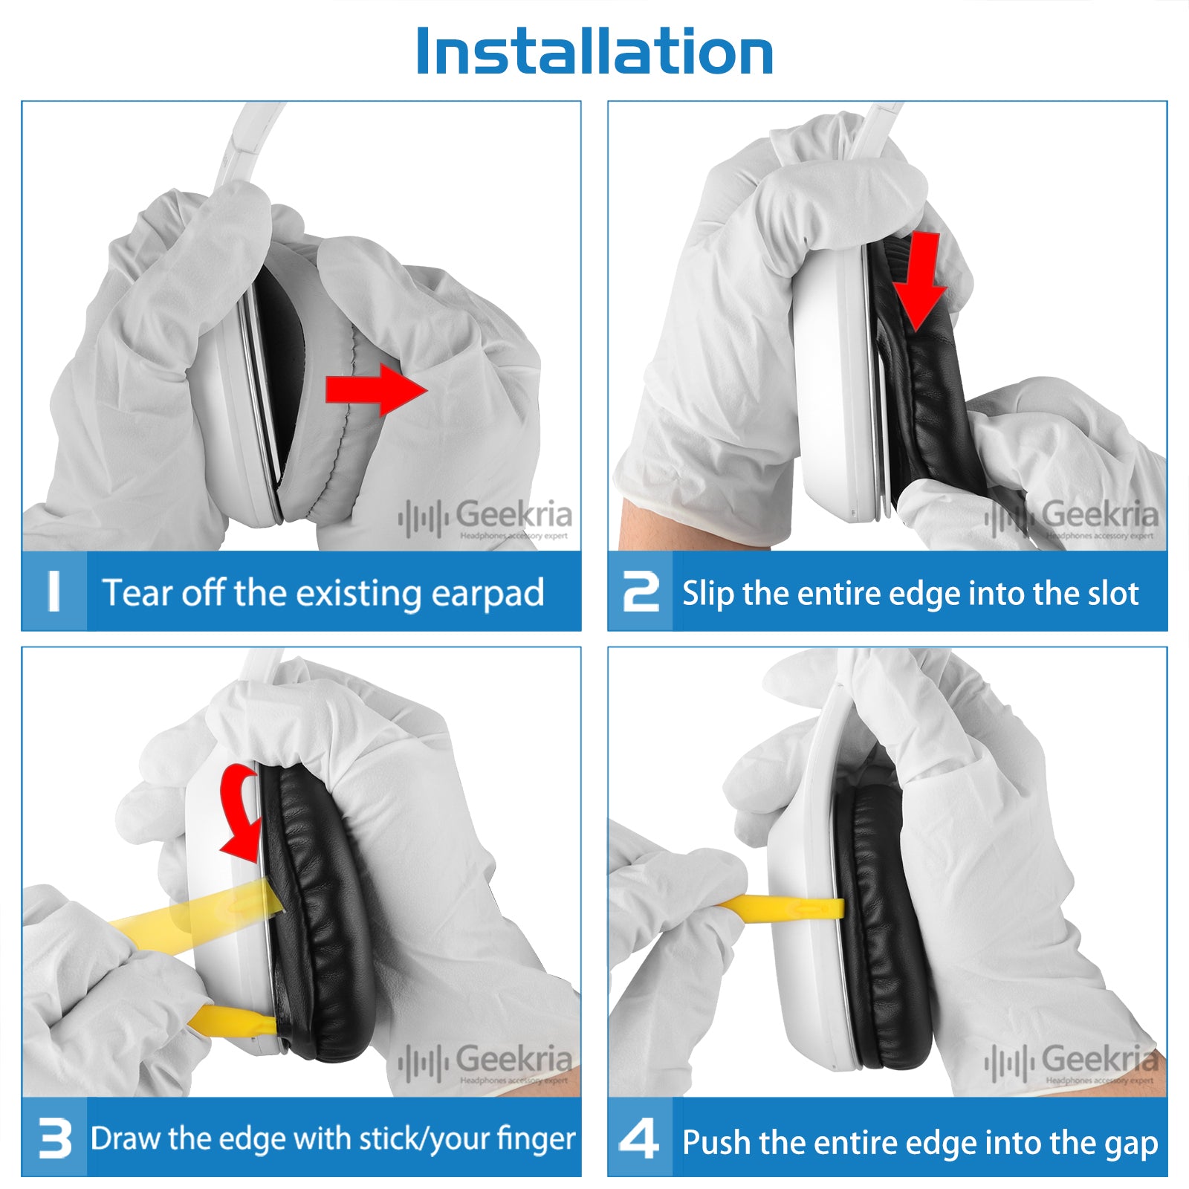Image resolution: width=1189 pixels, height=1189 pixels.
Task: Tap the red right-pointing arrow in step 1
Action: pyautogui.click(x=376, y=389)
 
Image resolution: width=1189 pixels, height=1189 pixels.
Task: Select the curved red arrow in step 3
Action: pyautogui.click(x=239, y=814)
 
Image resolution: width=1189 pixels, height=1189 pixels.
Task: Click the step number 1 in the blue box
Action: pyautogui.click(x=54, y=592)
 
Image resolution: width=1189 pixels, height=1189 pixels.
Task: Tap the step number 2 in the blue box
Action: pyautogui.click(x=641, y=592)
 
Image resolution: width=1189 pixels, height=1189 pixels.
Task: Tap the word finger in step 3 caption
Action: pyautogui.click(x=536, y=1139)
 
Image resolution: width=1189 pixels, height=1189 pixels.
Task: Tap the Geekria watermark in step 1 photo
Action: pyautogui.click(x=485, y=518)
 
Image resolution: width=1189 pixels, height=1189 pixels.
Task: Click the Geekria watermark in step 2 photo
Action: pyautogui.click(x=1072, y=518)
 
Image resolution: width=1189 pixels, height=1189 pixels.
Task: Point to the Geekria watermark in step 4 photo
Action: pyautogui.click(x=1072, y=1063)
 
